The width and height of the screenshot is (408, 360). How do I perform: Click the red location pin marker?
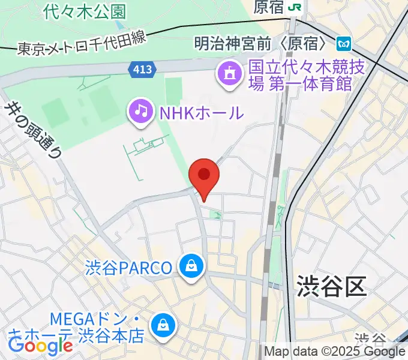click(x=204, y=176)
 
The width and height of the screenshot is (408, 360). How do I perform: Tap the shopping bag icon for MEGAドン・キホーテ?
click(x=163, y=326)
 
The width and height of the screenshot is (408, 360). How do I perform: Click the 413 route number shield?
click(x=142, y=70)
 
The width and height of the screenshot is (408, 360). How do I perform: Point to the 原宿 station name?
click(x=268, y=7)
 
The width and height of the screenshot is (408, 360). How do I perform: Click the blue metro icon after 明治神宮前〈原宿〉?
click(x=344, y=43)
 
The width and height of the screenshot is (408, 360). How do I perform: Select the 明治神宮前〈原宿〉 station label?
click(x=261, y=43)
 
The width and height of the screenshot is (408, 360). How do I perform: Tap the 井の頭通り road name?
click(x=34, y=130)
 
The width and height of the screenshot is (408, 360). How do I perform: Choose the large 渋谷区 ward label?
click(x=331, y=287)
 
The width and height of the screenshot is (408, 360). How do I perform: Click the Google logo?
click(x=40, y=345)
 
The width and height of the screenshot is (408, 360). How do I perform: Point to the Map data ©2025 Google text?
click(x=335, y=352)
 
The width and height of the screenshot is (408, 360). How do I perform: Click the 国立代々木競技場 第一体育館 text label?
click(x=307, y=75)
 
